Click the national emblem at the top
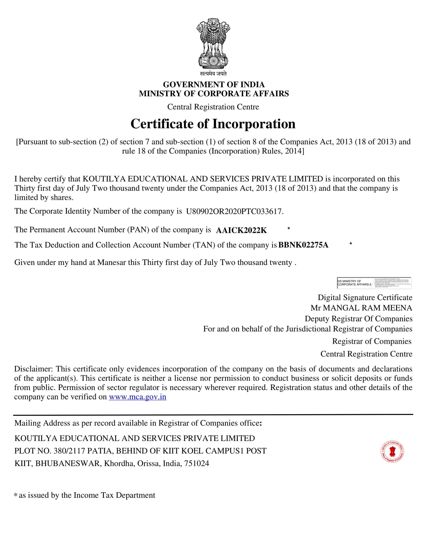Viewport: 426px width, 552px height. [x=213, y=43]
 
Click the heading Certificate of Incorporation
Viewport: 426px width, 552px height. [x=213, y=124]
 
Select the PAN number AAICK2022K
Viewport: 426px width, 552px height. [x=241, y=230]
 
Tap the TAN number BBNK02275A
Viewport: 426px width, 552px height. [x=303, y=245]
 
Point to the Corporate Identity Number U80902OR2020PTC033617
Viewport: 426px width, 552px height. [x=234, y=211]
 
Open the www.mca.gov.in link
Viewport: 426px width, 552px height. [x=137, y=397]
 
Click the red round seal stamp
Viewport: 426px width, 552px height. [x=392, y=452]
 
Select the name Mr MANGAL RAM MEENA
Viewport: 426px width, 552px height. [x=361, y=308]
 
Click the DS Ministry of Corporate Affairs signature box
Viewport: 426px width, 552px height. [x=374, y=283]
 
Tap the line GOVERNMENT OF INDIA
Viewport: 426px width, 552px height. [x=214, y=84]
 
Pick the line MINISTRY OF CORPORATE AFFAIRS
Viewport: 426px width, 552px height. [x=214, y=94]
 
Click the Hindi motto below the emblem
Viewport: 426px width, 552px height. [x=213, y=74]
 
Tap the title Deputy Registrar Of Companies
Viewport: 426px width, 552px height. [x=358, y=319]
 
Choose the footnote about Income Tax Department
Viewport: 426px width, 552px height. [x=85, y=495]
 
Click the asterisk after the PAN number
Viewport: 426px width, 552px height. [x=289, y=229]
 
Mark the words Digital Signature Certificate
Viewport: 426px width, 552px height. [x=365, y=297]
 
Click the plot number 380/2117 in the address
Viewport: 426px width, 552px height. [x=69, y=451]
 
